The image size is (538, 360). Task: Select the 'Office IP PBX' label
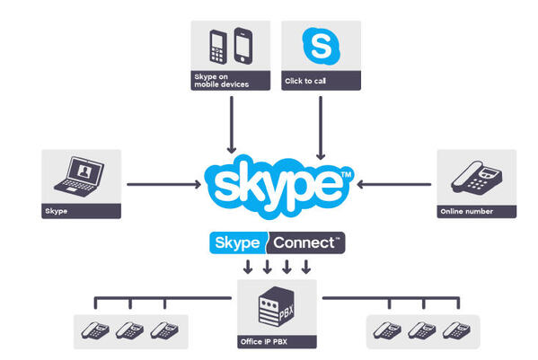tap(264, 343)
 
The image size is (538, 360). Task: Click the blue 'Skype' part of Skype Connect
tap(236, 242)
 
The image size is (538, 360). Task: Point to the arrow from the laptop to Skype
tap(163, 186)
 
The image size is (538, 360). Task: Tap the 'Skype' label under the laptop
tap(56, 213)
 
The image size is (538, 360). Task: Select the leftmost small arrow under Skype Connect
tap(248, 267)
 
